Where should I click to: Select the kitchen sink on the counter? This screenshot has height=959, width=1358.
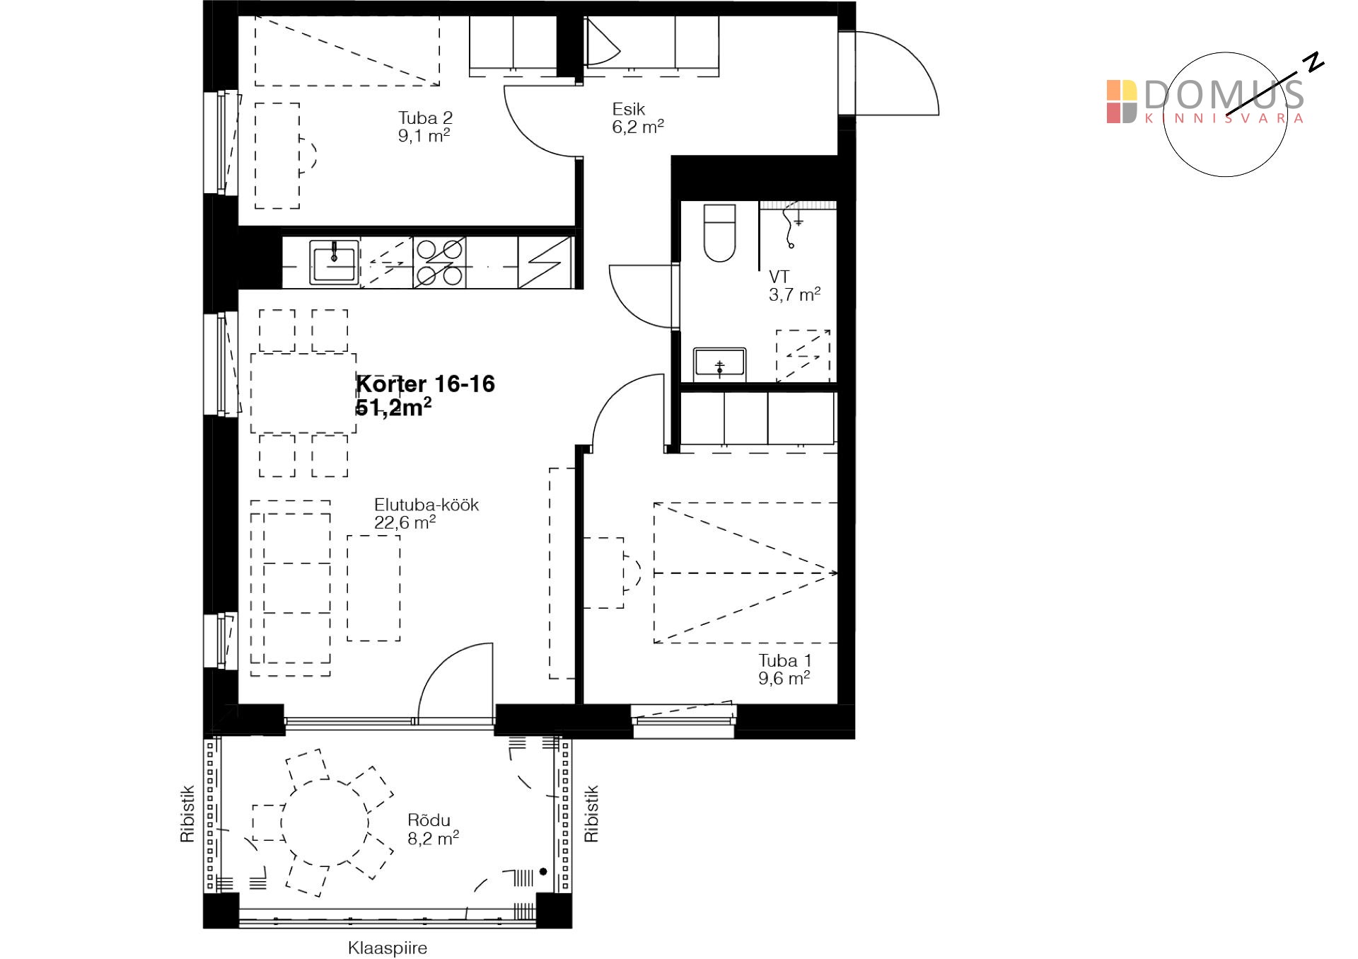tap(334, 263)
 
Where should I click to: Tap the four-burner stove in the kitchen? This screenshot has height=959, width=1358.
tap(439, 263)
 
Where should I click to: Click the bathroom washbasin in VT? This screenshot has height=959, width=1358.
tap(719, 364)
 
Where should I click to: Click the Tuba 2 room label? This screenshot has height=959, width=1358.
tap(424, 127)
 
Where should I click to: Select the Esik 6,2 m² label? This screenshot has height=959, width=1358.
tap(638, 118)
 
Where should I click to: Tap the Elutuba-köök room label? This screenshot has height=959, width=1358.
tap(426, 514)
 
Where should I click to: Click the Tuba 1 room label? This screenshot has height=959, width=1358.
tap(784, 670)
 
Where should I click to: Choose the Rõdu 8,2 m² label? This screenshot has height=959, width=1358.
tap(433, 829)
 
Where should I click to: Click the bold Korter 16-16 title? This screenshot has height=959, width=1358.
tap(425, 384)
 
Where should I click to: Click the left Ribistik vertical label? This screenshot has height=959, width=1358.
tap(187, 814)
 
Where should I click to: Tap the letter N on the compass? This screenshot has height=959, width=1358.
tap(1314, 62)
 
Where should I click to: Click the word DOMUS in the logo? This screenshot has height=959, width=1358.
tap(1223, 94)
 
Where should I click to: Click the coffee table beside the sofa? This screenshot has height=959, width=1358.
tap(373, 588)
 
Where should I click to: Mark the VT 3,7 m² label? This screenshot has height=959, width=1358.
tap(794, 286)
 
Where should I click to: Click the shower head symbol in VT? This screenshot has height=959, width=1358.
tap(791, 224)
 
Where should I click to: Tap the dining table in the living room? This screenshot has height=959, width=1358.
tap(303, 394)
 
